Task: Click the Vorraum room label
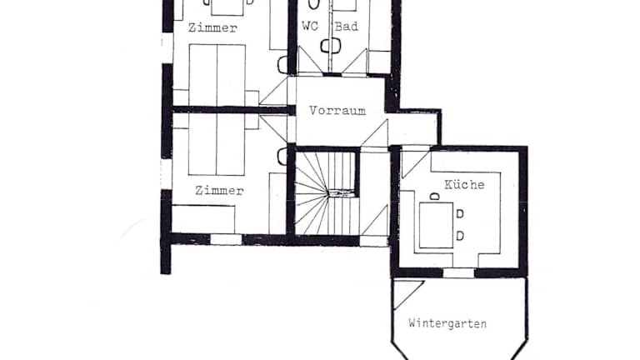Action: pyautogui.click(x=337, y=111)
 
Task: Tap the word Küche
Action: pyautogui.click(x=464, y=184)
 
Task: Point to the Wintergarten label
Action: pyautogui.click(x=447, y=323)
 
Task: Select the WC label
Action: pyautogui.click(x=310, y=26)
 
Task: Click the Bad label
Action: pyautogui.click(x=346, y=27)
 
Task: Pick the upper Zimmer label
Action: pyautogui.click(x=212, y=27)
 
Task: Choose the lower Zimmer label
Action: pyautogui.click(x=219, y=190)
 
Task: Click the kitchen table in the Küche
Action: pyautogui.click(x=437, y=225)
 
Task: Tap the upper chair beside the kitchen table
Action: pyautogui.click(x=460, y=214)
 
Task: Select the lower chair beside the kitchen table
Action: pyautogui.click(x=460, y=236)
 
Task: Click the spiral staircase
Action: pyautogui.click(x=327, y=193)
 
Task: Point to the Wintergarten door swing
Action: pyautogui.click(x=408, y=294)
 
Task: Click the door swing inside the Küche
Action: pyautogui.click(x=414, y=163)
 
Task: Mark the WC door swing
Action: pyautogui.click(x=309, y=60)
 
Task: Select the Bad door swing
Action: pyautogui.click(x=354, y=62)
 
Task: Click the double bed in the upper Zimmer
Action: pyautogui.click(x=217, y=75)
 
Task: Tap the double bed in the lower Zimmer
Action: pyautogui.click(x=217, y=145)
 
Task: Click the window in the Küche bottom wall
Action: pyautogui.click(x=458, y=273)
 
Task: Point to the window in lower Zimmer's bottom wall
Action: pyautogui.click(x=226, y=240)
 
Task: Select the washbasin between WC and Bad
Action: pyautogui.click(x=330, y=46)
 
